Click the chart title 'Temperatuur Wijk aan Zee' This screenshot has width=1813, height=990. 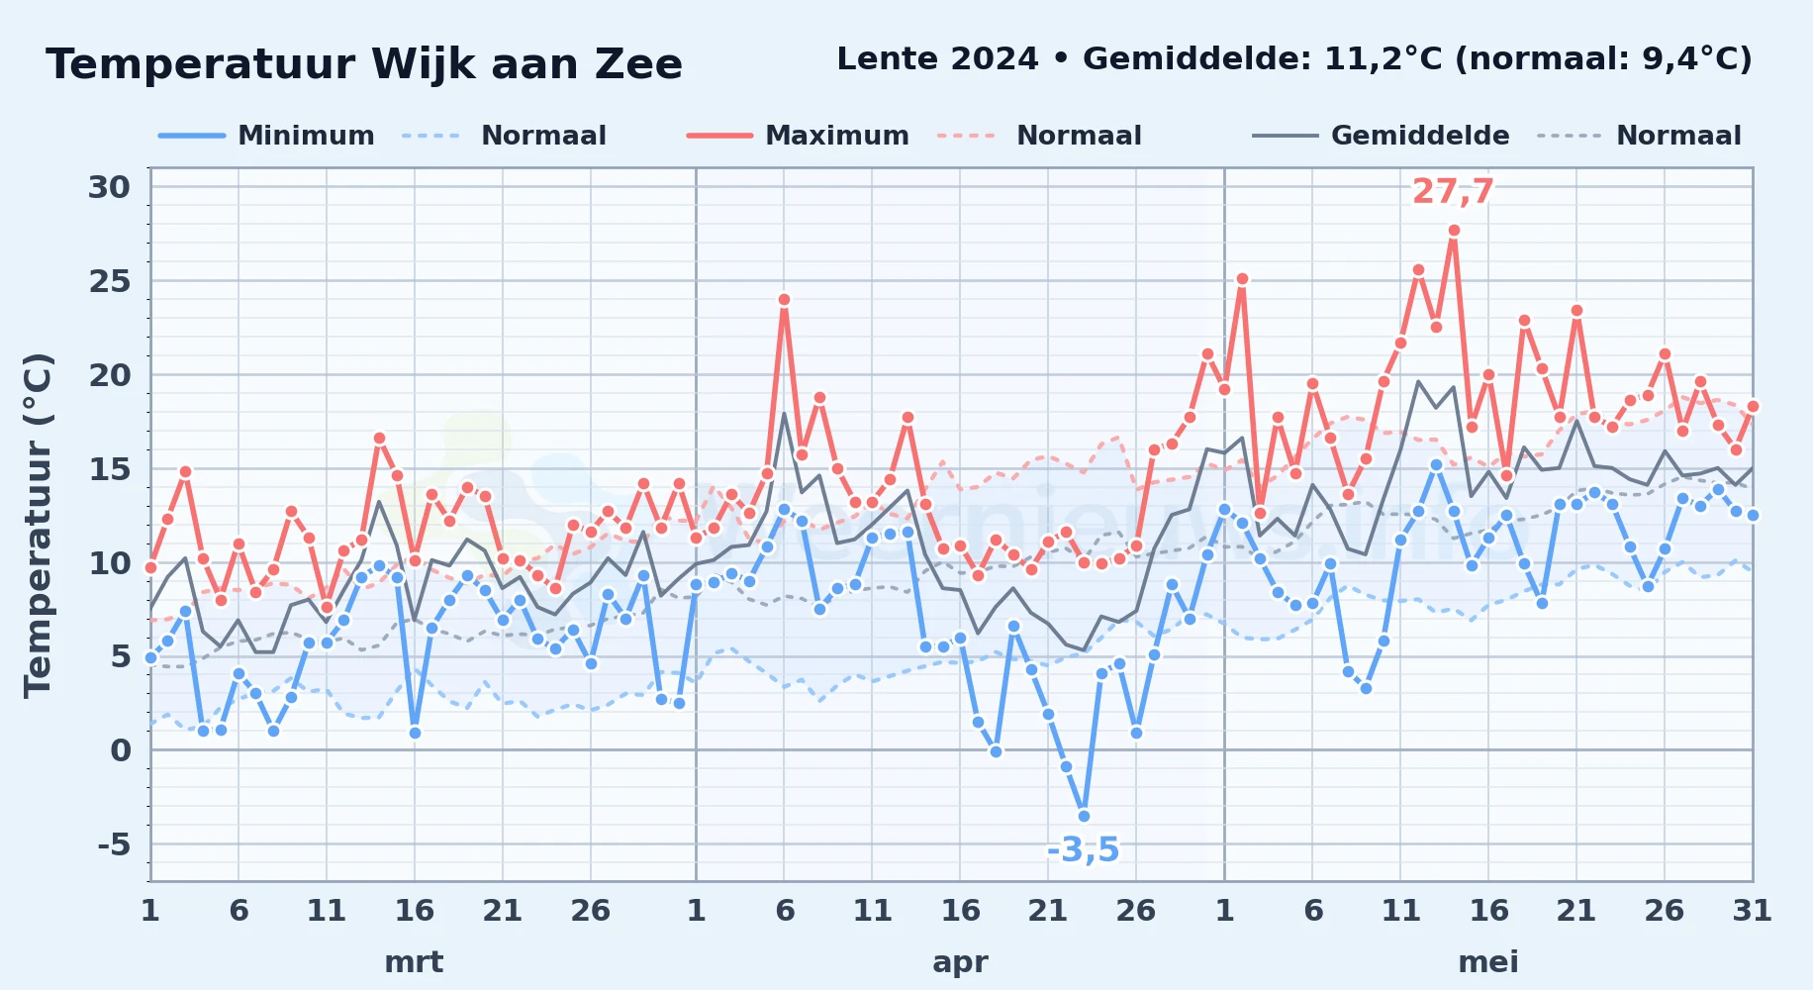364,64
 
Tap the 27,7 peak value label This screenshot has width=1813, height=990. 1453,191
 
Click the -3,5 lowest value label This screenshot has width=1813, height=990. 1084,849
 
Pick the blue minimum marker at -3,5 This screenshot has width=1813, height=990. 1084,816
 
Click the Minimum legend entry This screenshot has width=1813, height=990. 267,136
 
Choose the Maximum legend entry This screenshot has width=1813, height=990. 798,136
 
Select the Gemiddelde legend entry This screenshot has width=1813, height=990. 1382,136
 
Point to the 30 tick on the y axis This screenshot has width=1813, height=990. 109,187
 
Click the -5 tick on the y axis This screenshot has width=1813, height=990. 114,844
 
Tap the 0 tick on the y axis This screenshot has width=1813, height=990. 121,750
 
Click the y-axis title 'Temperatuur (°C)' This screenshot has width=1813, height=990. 38,525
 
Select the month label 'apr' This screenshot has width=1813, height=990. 960,961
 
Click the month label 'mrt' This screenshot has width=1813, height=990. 414,961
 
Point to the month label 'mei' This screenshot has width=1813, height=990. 1488,961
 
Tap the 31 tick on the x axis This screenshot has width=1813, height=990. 1752,910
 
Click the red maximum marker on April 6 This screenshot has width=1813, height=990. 784,299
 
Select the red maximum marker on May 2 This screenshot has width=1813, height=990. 1242,279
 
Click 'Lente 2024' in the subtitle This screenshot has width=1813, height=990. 937,59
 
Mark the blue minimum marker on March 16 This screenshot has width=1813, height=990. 415,733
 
